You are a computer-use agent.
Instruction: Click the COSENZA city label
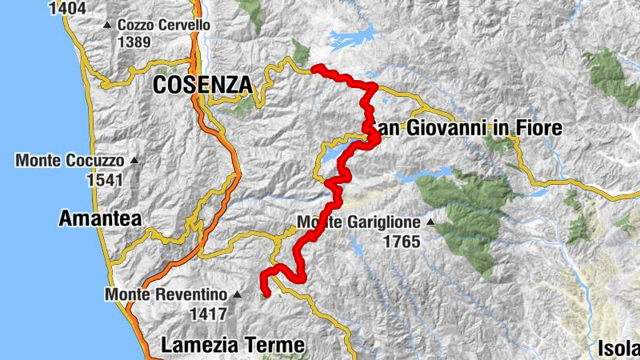[x=201, y=85]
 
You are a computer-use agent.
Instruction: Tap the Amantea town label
[x=100, y=218]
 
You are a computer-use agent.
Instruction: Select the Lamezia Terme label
[x=233, y=346]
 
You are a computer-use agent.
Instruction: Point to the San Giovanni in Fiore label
[x=468, y=128]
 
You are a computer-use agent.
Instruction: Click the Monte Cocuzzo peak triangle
[x=134, y=161]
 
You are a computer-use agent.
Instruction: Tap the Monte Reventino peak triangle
[x=237, y=294]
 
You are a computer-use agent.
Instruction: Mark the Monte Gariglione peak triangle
[x=430, y=222]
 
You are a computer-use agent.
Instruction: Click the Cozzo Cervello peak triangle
[x=108, y=26]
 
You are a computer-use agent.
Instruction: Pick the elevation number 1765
[x=402, y=241]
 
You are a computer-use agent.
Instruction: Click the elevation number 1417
[x=210, y=314]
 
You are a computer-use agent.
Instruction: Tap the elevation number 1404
[x=68, y=9]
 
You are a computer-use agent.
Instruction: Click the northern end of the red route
[x=314, y=68]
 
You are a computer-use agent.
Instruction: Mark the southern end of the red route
[x=266, y=294]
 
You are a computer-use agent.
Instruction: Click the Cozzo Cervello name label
[x=164, y=26]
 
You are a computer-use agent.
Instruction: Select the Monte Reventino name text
[x=166, y=294]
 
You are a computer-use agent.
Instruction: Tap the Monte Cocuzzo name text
[x=70, y=161]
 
